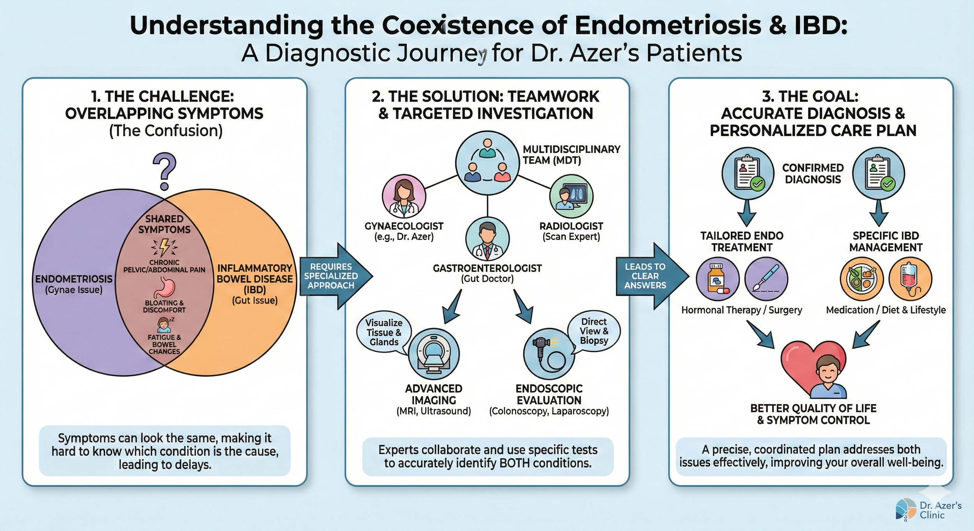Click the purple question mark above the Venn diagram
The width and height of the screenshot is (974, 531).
click(164, 171)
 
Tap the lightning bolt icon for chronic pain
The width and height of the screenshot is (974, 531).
click(164, 246)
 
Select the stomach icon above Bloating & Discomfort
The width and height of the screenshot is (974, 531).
click(164, 288)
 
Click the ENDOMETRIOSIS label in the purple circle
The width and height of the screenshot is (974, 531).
click(74, 279)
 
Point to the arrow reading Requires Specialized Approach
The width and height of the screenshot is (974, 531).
click(333, 276)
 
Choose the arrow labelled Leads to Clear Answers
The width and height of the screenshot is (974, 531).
click(649, 276)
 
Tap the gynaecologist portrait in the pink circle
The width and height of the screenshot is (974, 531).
click(404, 196)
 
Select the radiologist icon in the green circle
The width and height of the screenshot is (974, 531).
click(571, 196)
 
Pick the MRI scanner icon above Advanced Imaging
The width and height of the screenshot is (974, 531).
click(434, 354)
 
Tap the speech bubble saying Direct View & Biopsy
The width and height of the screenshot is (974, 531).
click(594, 331)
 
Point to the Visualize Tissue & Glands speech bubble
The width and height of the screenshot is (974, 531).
click(384, 332)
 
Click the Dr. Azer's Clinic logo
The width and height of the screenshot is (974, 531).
click(928, 510)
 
